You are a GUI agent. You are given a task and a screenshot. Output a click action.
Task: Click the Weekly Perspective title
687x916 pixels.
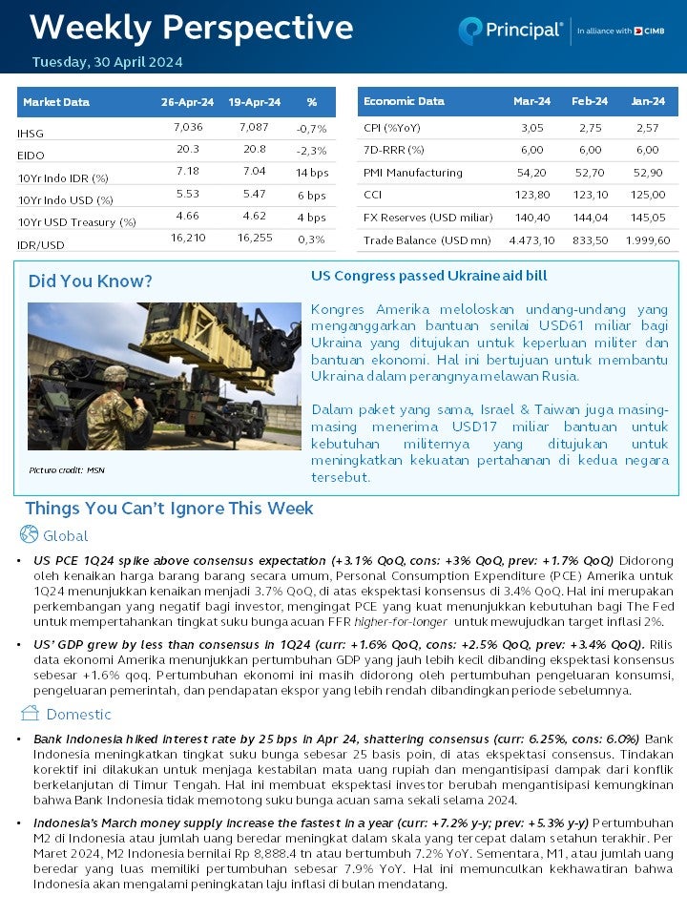[191, 28]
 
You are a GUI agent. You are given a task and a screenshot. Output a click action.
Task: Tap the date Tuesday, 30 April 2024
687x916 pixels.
[107, 62]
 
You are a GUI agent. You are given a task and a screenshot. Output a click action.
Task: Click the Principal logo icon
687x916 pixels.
[470, 31]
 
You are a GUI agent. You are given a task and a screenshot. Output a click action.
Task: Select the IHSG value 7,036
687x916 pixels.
[188, 127]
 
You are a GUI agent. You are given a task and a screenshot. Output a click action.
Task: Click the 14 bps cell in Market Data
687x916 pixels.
[311, 173]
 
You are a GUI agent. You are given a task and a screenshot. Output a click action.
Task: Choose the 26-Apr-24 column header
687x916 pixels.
[187, 102]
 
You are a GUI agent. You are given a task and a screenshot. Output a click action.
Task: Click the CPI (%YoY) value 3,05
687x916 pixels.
[531, 128]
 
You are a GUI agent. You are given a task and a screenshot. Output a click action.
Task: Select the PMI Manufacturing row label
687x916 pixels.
[412, 173]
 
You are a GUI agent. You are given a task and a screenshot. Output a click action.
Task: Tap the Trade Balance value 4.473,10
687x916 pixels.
[531, 240]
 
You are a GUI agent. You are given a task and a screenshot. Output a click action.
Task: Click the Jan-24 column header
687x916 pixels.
[648, 101]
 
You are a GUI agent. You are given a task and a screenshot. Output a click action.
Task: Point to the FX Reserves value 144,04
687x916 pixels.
[591, 218]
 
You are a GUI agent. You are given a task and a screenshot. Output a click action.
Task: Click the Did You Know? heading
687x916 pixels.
[90, 281]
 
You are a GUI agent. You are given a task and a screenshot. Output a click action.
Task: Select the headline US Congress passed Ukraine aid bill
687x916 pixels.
[428, 276]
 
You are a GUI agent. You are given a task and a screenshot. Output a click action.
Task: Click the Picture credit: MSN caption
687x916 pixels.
[67, 470]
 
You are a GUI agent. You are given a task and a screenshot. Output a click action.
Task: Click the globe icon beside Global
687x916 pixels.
[29, 534]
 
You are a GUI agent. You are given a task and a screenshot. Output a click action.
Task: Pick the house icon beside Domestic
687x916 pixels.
[30, 713]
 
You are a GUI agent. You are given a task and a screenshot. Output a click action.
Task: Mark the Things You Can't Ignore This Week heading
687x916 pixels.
[169, 509]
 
